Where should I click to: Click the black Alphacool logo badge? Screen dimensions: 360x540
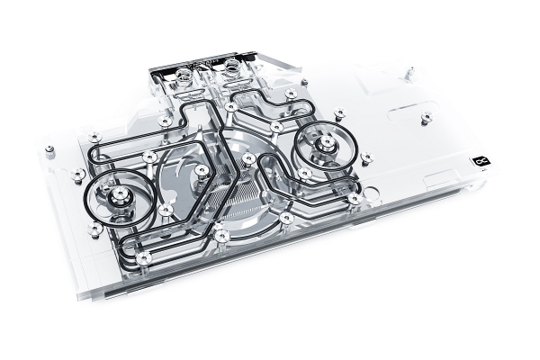point(479,162)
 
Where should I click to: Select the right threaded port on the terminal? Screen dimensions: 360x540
point(230,67)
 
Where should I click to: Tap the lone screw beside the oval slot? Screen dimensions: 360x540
point(427,118)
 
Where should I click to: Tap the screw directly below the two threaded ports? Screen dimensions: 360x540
point(231,106)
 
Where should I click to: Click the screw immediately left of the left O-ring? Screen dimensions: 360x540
point(78,174)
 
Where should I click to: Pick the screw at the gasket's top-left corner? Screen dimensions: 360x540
point(94,137)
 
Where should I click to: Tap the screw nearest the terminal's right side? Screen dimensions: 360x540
point(291,93)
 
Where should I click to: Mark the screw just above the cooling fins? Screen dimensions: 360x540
point(248,159)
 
